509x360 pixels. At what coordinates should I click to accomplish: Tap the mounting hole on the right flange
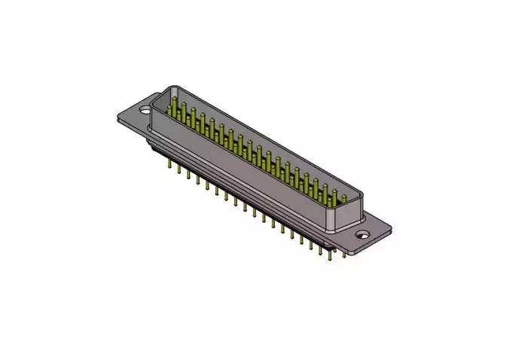(x=362, y=234)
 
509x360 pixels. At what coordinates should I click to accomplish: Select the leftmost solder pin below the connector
(x=169, y=163)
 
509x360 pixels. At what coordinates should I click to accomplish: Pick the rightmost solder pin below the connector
(x=346, y=254)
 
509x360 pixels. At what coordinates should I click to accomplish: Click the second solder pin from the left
(x=179, y=169)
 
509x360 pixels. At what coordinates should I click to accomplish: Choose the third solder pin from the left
(x=188, y=174)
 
